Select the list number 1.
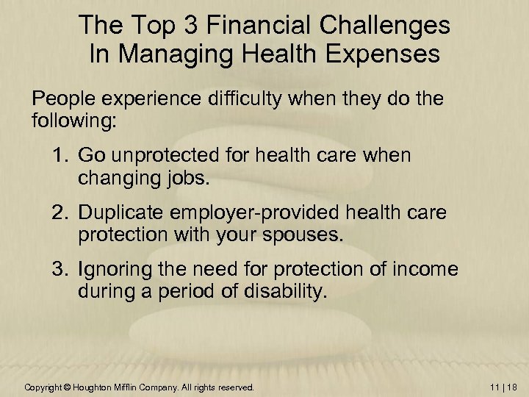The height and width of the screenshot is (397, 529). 58,155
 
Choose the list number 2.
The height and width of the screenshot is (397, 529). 58,212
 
